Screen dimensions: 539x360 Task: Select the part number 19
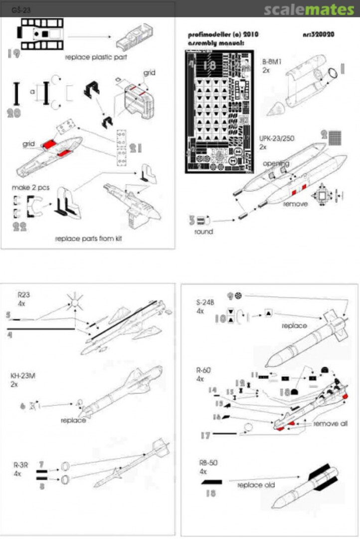[x=14, y=54]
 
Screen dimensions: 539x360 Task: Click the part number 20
[x=14, y=113]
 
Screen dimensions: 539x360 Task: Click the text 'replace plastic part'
[x=96, y=57]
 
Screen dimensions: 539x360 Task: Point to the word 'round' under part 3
[x=202, y=232]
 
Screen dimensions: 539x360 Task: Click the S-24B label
[x=205, y=303]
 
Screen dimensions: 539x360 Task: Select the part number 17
[x=204, y=435]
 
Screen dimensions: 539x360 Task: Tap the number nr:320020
[x=318, y=34]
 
